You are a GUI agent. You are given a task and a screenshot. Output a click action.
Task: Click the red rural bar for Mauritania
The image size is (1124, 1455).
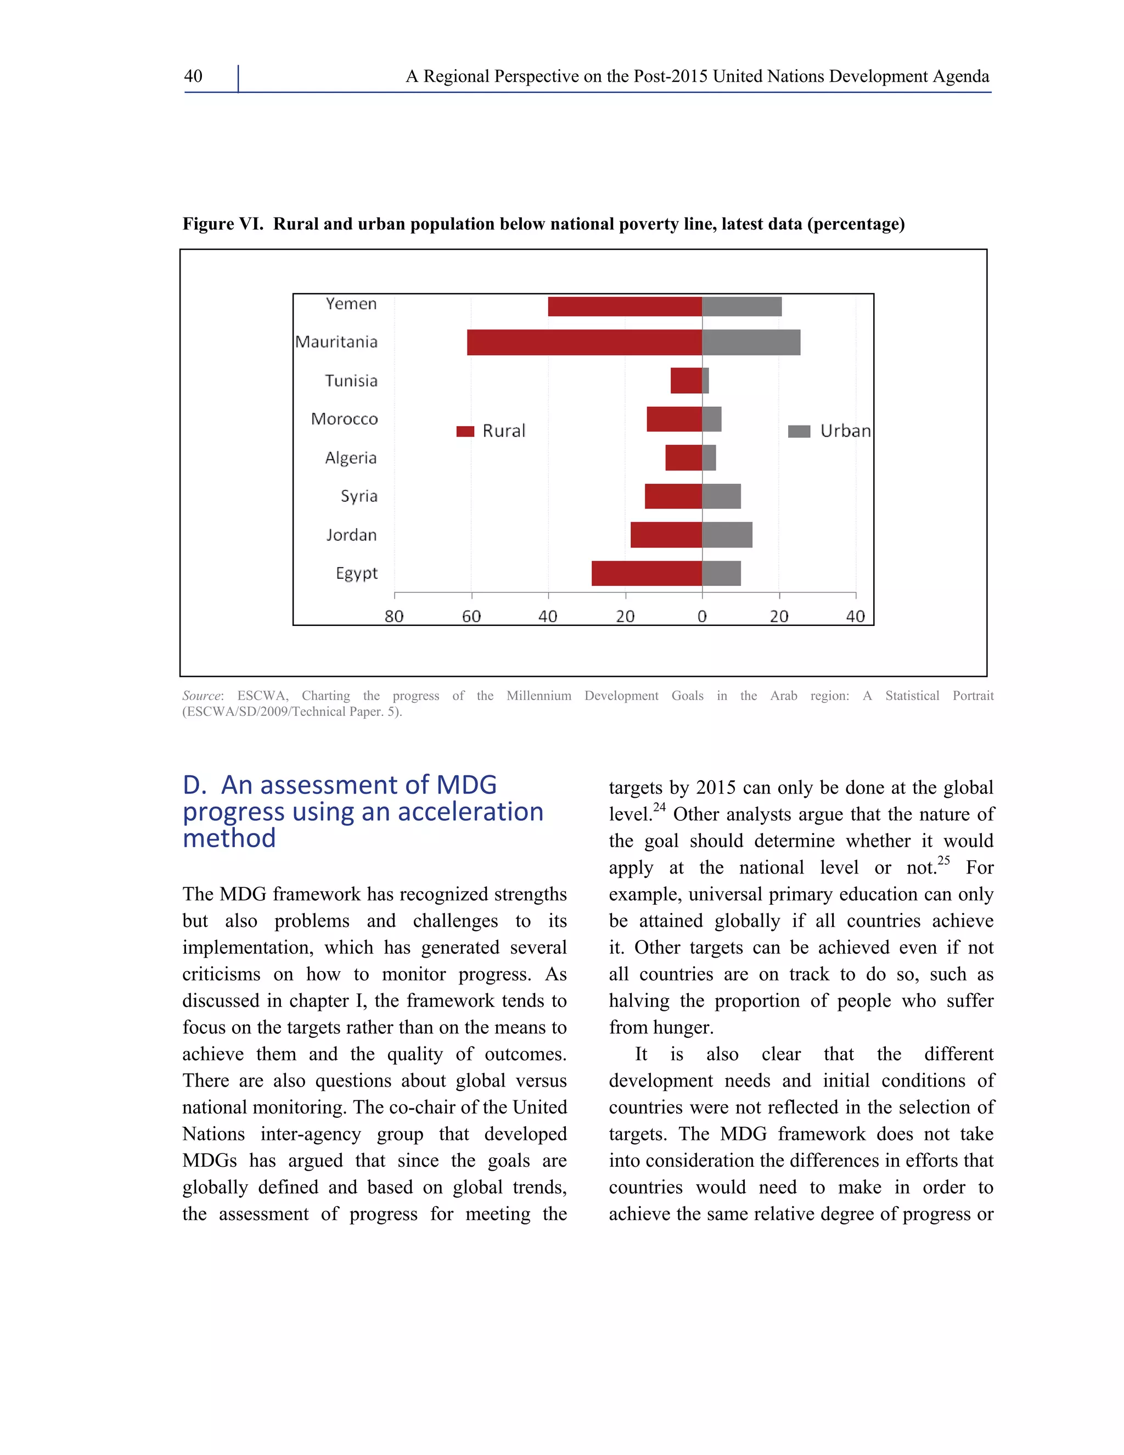(x=584, y=343)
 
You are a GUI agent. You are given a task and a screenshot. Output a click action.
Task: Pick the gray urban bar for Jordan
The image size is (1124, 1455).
(x=727, y=535)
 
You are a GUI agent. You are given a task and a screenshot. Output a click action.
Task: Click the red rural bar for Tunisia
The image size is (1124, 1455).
(x=686, y=380)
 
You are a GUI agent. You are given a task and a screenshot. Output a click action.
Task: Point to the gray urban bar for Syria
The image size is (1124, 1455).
(x=721, y=496)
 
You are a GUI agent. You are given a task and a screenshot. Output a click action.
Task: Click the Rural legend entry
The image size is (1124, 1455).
(x=491, y=431)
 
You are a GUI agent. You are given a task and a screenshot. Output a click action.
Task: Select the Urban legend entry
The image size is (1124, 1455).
(x=829, y=431)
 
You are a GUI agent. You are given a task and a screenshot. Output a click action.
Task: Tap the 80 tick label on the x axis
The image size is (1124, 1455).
(x=394, y=616)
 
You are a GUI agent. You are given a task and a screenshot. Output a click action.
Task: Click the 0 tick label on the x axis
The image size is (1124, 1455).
(x=702, y=616)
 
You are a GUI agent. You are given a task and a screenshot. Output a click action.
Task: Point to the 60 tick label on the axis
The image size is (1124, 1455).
(x=471, y=616)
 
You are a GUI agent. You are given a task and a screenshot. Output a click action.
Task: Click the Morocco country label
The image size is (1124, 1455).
(x=344, y=419)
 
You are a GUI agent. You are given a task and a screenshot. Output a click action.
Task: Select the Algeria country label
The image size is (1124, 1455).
(x=350, y=458)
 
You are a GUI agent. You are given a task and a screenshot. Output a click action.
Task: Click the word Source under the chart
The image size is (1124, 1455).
(x=201, y=696)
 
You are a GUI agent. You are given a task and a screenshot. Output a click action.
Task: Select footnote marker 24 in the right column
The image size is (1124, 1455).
(x=659, y=808)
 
